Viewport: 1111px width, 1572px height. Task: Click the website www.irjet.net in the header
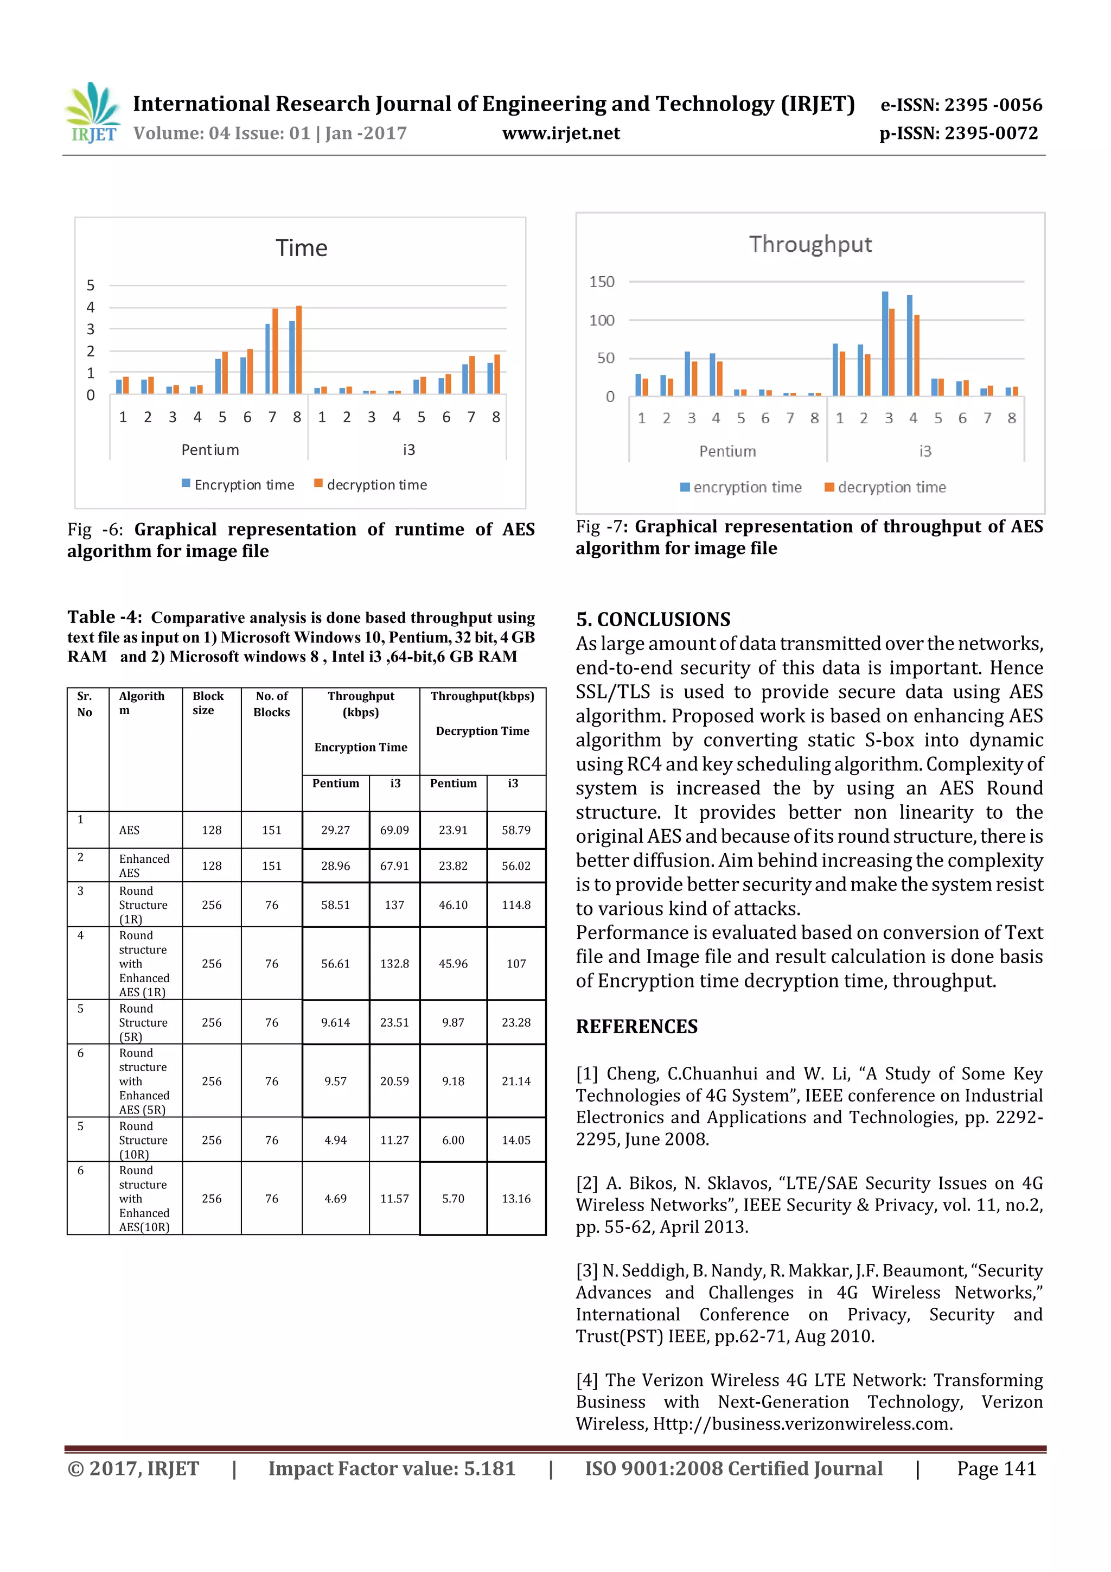coord(560,133)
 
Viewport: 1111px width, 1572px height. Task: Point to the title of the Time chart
coord(301,248)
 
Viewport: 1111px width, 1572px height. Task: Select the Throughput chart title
coord(810,244)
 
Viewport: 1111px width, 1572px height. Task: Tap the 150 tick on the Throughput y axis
coord(602,282)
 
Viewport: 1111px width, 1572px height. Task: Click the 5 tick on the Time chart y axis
coord(91,285)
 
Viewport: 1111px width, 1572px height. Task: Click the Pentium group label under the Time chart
coord(210,450)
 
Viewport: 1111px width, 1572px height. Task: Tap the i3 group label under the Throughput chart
coord(925,451)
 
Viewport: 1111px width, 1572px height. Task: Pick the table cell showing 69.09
coord(394,830)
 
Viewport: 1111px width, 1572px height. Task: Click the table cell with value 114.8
coord(516,905)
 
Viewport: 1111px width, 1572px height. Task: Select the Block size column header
coord(208,703)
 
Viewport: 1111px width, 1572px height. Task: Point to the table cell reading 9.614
coord(335,1022)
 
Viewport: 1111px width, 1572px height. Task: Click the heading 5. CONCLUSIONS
coord(653,620)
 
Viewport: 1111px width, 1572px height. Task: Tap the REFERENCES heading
coord(637,1026)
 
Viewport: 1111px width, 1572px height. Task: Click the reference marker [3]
coord(586,1271)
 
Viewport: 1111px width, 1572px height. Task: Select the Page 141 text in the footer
coord(996,1468)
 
